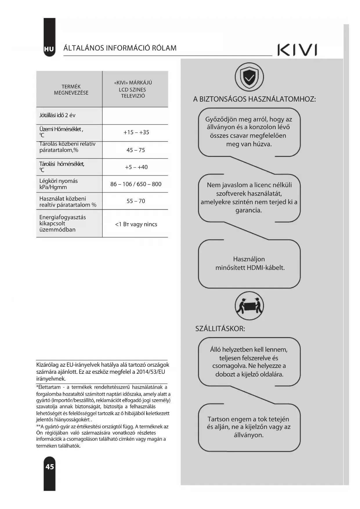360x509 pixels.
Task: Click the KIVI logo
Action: click(297, 50)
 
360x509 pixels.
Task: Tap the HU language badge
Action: click(49, 49)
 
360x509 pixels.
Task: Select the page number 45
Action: click(50, 466)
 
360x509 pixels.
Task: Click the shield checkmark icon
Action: click(249, 77)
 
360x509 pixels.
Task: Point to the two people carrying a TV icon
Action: click(249, 306)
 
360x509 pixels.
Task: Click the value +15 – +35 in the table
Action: click(136, 132)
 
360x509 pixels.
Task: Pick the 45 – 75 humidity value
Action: click(135, 150)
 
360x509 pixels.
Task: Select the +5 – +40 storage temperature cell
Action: click(136, 167)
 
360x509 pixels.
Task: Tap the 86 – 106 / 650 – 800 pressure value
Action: click(136, 184)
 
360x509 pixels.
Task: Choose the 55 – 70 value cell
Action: click(135, 201)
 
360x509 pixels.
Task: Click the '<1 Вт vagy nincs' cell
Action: click(136, 224)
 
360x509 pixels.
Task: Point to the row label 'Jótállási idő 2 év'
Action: click(57, 115)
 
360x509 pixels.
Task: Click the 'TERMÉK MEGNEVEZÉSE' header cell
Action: click(71, 90)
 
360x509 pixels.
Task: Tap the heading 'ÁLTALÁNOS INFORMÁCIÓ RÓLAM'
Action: click(120, 48)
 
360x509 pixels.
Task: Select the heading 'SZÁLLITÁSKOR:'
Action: click(220, 329)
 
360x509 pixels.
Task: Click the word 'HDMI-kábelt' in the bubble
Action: click(265, 268)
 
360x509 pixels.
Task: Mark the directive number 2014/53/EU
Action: click(151, 372)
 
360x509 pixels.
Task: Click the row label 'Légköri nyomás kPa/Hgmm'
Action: click(58, 184)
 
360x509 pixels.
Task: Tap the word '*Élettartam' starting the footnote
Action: click(48, 387)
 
